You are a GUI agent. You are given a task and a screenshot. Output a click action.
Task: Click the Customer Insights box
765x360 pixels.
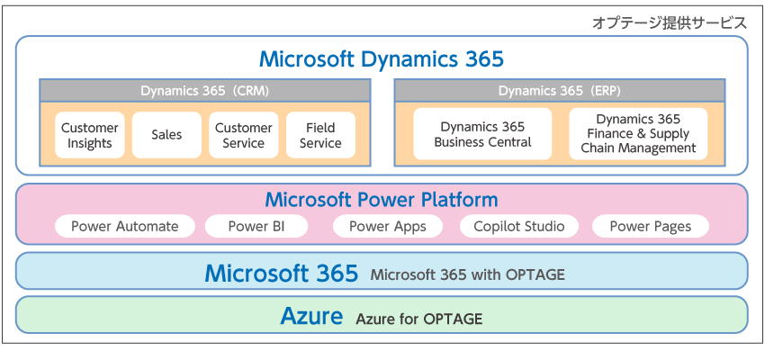coord(90,135)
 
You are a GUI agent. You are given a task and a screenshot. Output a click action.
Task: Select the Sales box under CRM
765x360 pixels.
coord(166,135)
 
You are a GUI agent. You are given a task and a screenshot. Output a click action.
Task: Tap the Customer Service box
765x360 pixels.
coord(243,135)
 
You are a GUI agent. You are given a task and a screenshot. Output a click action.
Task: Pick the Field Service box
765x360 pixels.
coord(320,135)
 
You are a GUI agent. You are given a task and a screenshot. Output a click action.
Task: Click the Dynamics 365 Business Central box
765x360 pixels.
coord(482,134)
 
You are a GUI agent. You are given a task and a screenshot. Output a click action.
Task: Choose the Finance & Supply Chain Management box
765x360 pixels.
coord(638,134)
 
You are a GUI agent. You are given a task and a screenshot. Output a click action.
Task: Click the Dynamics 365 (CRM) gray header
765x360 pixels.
coord(204,91)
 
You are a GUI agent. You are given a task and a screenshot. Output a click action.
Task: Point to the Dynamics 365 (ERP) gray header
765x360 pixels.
coord(559,91)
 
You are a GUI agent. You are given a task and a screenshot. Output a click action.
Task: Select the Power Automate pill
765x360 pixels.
coord(125,227)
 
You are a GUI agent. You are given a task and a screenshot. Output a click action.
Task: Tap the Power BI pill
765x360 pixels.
coord(256,227)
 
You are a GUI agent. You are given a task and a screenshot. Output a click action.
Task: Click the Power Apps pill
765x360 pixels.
coord(387,227)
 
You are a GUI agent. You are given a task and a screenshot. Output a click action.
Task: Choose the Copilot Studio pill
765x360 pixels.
coord(519,227)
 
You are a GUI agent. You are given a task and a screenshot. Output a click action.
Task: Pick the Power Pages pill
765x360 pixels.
coord(651,227)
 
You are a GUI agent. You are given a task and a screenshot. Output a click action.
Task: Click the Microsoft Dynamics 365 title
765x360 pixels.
coord(382,59)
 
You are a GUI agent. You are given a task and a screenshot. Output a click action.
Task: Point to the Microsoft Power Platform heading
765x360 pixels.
coord(382,200)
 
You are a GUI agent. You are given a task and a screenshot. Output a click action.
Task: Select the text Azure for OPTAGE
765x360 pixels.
coord(418,319)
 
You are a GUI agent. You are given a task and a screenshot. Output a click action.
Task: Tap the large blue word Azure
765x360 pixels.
coord(311,317)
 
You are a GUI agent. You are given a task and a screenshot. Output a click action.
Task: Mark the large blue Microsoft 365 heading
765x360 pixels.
coord(281,273)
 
